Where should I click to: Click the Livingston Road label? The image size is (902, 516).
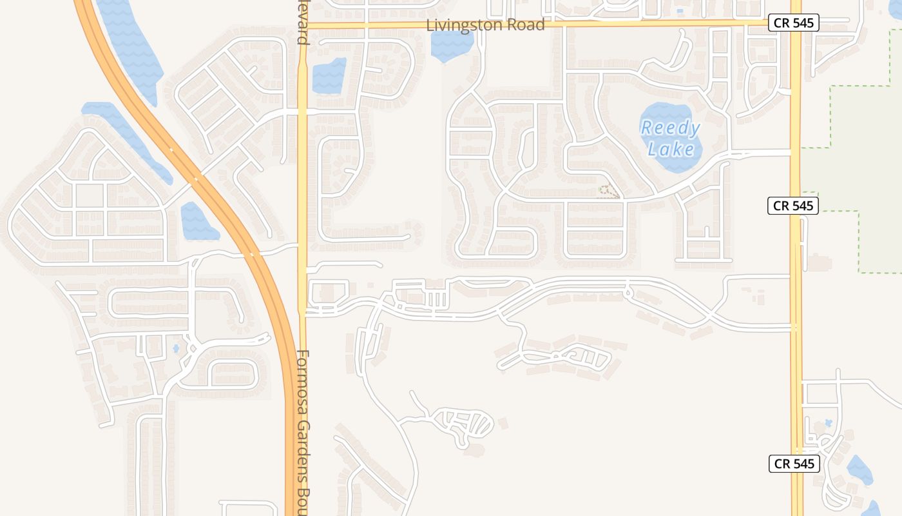coord(485,25)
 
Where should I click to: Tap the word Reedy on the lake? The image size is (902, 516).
coord(670,128)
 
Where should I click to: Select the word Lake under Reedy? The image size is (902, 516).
coord(671,150)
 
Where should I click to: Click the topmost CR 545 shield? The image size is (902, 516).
coord(792,23)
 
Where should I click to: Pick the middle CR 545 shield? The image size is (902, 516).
coord(792,206)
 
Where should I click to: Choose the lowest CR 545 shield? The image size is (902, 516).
coord(794,463)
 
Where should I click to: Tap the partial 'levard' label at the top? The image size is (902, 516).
coord(302,22)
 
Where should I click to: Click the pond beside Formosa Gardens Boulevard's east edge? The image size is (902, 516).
coord(329,76)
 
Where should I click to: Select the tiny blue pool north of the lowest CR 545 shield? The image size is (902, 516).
coord(828,422)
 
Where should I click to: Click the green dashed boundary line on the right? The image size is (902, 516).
coord(830,116)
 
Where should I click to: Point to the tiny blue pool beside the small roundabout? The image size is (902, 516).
coord(176,349)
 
